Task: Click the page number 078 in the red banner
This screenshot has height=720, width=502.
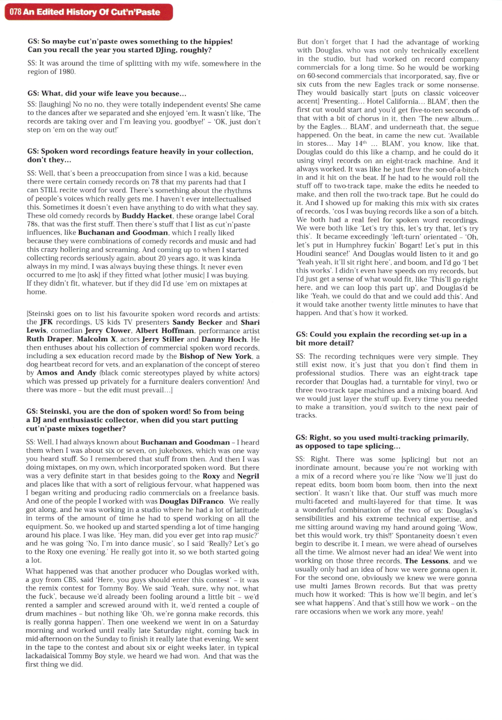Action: [15, 12]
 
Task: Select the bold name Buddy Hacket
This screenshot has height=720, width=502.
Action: [147, 216]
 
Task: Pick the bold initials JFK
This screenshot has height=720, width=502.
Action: [47, 322]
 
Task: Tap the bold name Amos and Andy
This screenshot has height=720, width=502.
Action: [67, 373]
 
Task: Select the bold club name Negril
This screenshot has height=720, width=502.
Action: [248, 476]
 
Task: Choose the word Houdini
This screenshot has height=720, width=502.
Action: [310, 254]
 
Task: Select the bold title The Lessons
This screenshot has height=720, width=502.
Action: [427, 561]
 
